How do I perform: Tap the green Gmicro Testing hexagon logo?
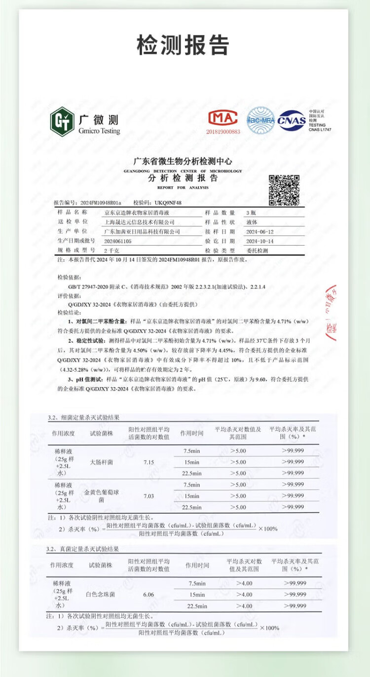click(x=62, y=121)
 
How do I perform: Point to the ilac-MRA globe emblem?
click(x=260, y=120)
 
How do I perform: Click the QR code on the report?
click(x=284, y=190)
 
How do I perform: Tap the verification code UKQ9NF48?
click(x=168, y=203)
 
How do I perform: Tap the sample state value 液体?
click(x=251, y=222)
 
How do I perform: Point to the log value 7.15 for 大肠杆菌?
click(x=148, y=463)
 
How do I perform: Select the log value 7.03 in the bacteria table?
click(x=148, y=496)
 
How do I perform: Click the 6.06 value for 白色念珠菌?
click(x=148, y=595)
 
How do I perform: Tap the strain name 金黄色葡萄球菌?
click(x=102, y=496)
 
